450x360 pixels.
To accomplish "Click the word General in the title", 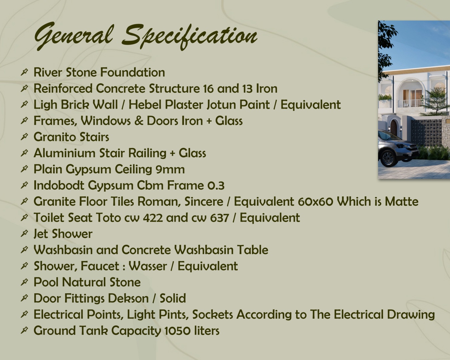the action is pyautogui.click(x=74, y=36).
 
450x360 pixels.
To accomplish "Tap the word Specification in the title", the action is pyautogui.click(x=190, y=36).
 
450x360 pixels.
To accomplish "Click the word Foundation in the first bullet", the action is pyautogui.click(x=133, y=72).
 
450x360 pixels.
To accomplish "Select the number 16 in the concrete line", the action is pyautogui.click(x=208, y=88).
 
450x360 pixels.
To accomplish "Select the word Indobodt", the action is pyautogui.click(x=59, y=185).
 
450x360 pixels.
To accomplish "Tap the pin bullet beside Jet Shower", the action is pyautogui.click(x=24, y=233).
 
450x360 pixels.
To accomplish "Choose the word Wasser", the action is pyautogui.click(x=148, y=266).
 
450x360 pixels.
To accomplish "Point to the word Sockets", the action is pyautogui.click(x=212, y=314).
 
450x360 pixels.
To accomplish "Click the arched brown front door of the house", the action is pyautogui.click(x=393, y=128).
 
